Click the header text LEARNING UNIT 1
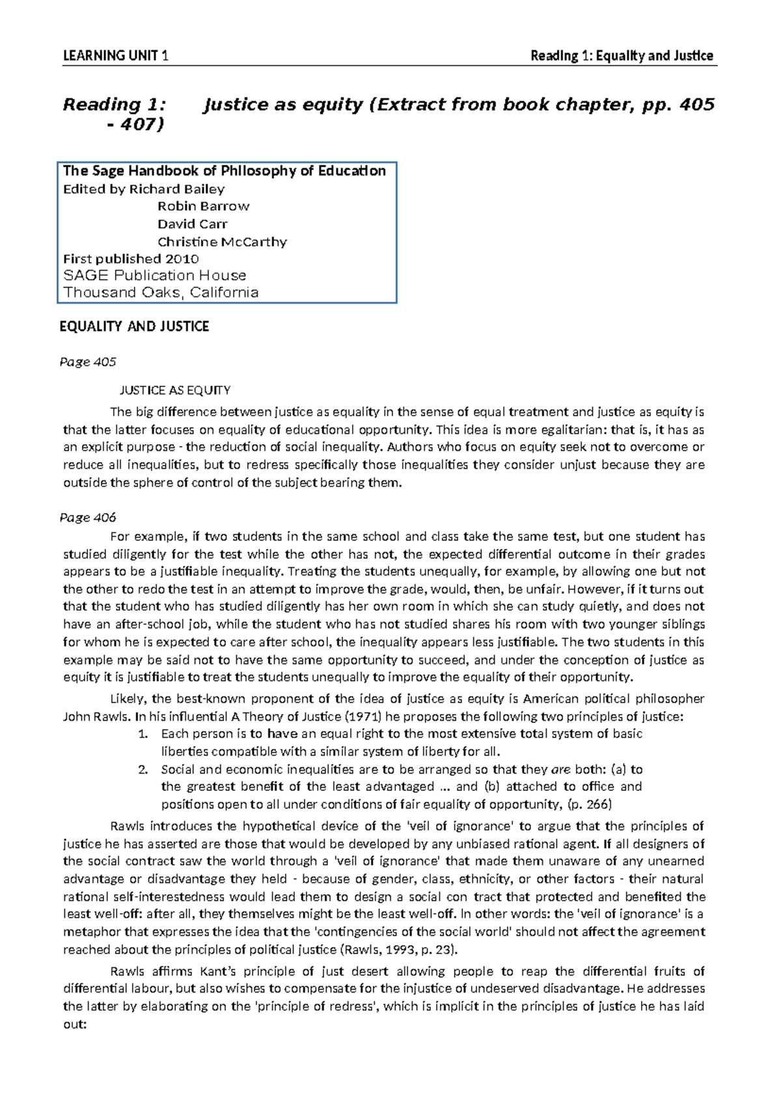click(116, 56)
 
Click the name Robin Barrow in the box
click(203, 206)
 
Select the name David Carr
click(192, 224)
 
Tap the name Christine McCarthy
click(221, 241)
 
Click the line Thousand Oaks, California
click(160, 292)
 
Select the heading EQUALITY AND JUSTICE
click(134, 326)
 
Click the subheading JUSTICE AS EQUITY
click(173, 390)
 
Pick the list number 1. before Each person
click(144, 734)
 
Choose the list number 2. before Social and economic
click(144, 769)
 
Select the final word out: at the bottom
click(74, 1024)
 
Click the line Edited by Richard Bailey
click(143, 189)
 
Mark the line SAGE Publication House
click(154, 275)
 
